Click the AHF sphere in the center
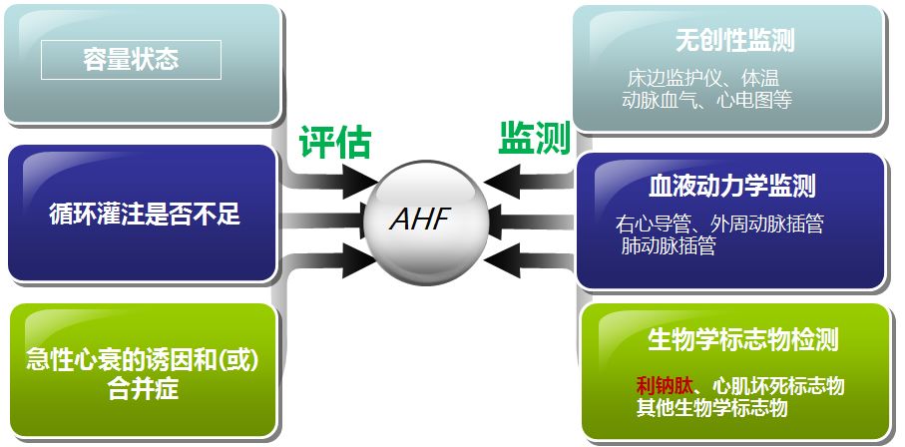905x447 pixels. click(x=419, y=219)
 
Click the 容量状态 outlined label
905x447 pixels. click(x=131, y=60)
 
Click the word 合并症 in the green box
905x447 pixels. click(x=142, y=389)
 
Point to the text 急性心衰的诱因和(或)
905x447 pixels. click(x=142, y=360)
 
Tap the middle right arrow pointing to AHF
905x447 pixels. click(x=525, y=220)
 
